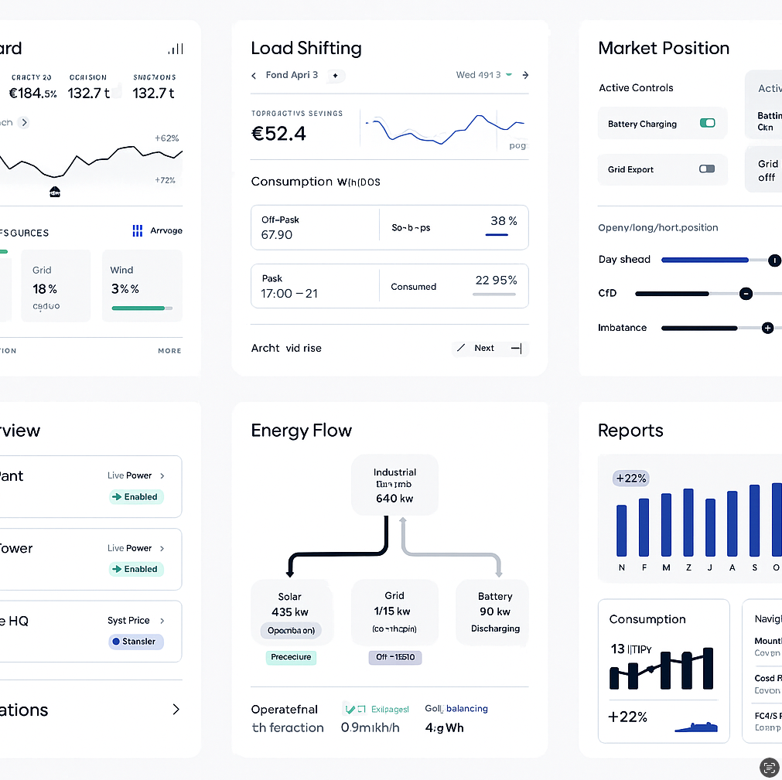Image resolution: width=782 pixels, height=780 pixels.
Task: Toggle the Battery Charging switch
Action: coord(707,123)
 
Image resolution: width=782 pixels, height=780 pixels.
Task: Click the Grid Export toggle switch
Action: coord(707,169)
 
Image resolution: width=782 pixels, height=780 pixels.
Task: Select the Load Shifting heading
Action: coord(306,48)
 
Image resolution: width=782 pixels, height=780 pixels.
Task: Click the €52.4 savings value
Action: coord(278,134)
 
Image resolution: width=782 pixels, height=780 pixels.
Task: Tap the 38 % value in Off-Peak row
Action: coord(504,221)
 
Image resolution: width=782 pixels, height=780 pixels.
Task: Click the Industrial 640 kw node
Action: coord(394,485)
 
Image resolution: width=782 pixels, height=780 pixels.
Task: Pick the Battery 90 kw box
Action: coord(495,612)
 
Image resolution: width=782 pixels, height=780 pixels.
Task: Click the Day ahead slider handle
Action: coord(774,260)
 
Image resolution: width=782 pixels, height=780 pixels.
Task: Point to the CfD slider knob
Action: coord(746,294)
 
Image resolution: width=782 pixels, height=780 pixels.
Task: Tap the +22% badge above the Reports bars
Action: coord(630,479)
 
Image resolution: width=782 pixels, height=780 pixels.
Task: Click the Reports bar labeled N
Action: coord(621,530)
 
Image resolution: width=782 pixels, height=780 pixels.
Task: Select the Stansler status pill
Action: coord(136,642)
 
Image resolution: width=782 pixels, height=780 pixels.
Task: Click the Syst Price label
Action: coord(128,621)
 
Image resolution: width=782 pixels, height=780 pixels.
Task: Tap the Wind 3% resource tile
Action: coord(142,285)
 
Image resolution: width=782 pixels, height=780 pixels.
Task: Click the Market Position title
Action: coord(664,48)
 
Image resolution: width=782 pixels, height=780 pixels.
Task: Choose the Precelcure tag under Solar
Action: coord(291,657)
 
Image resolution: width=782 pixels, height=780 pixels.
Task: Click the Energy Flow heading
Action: coord(301,431)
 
